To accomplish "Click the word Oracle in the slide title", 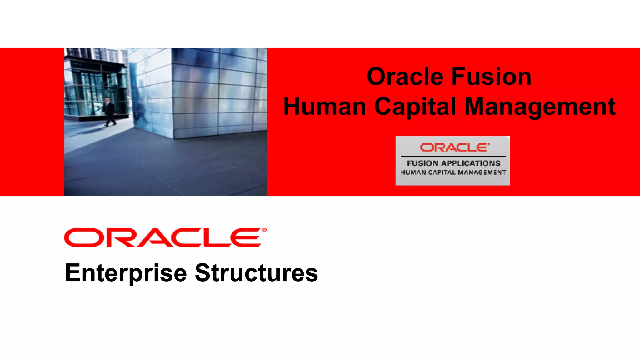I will click(405, 77).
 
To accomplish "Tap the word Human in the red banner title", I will click(324, 107).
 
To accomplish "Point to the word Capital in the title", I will click(415, 107).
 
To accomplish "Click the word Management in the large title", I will click(540, 107).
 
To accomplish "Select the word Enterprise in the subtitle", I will click(126, 273).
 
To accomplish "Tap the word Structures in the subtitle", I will click(256, 273).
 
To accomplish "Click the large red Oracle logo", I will click(162, 238).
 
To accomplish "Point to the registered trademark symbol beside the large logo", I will click(264, 230).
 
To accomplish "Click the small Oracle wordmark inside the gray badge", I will click(454, 147).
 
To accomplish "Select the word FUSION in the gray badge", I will click(422, 163).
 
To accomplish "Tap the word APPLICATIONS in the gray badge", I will click(471, 163).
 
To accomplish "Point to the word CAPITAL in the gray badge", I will click(442, 172).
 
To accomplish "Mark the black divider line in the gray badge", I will click(453, 156).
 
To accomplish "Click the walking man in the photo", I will click(109, 112).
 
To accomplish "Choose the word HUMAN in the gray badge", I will click(413, 172).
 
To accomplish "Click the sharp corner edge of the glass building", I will click(172, 94).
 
